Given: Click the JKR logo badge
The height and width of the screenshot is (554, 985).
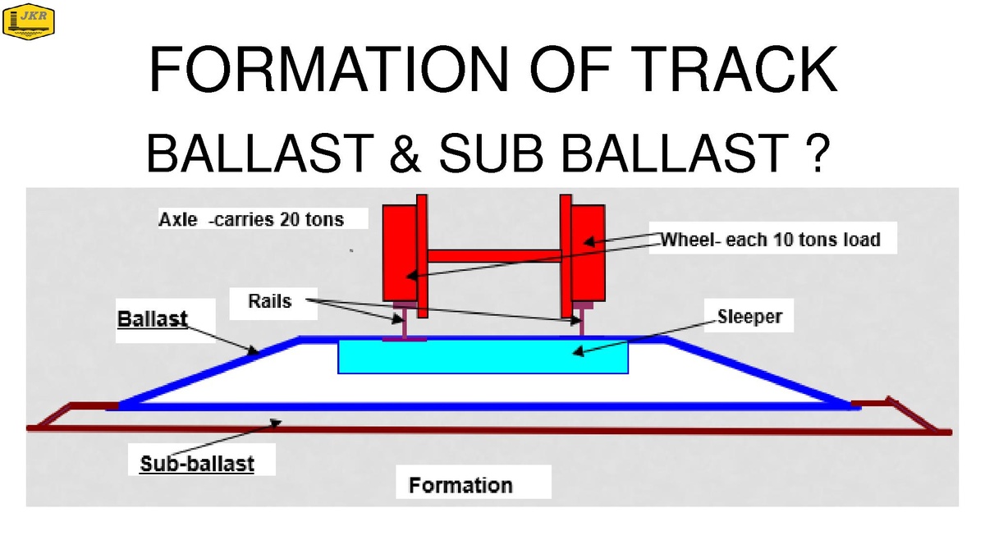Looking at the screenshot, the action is (29, 21).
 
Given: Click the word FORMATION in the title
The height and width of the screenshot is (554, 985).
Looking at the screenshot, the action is (329, 70).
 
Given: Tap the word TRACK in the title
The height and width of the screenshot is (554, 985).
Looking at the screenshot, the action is (734, 70).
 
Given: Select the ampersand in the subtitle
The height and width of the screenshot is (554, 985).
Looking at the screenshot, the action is (405, 153).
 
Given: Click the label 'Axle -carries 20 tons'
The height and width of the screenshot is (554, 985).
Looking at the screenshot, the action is (251, 219).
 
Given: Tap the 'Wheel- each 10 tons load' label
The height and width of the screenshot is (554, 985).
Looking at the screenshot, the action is (771, 240).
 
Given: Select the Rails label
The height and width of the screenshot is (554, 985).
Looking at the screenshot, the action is (270, 301).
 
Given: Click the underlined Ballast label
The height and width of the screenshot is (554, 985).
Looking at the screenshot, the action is (153, 318).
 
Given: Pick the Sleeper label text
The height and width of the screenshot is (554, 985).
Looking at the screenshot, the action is (749, 317).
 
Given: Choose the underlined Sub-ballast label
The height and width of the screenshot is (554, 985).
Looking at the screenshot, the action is (197, 464).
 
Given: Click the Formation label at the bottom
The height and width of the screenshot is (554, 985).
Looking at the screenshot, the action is (460, 485).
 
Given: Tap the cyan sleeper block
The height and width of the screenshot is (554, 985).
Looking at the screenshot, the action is (483, 356).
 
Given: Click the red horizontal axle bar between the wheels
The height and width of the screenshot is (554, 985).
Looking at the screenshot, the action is (493, 256).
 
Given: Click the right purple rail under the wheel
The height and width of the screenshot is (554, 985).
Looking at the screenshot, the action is (582, 319).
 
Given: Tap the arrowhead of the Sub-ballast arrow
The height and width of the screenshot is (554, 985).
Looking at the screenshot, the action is (276, 423).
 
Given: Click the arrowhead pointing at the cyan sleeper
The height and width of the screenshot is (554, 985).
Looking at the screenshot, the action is (578, 351).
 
